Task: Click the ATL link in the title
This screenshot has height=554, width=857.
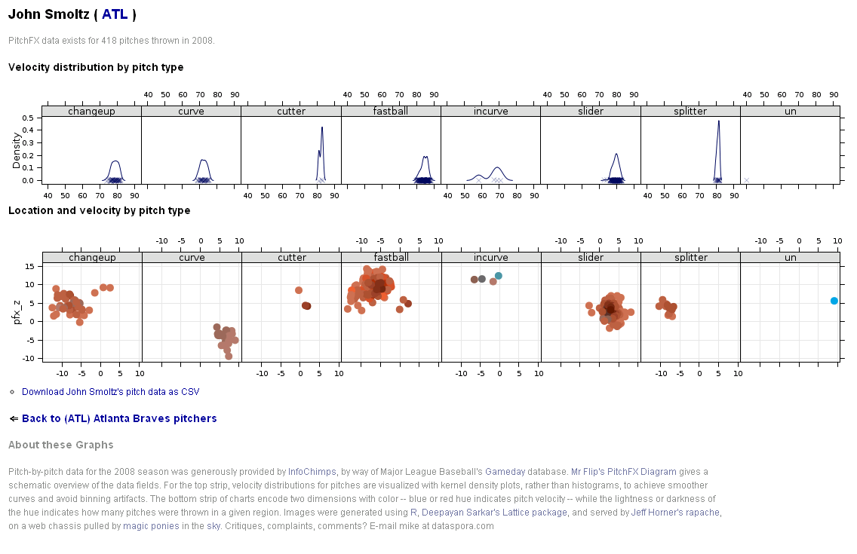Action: [x=115, y=14]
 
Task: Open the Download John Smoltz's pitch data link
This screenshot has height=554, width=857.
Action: [x=110, y=392]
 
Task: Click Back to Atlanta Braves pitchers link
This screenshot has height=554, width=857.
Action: [x=119, y=418]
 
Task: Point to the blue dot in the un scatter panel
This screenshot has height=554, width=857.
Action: [x=834, y=301]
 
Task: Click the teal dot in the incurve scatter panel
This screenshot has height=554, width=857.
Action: [x=499, y=276]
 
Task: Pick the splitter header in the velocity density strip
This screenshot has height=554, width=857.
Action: [x=690, y=112]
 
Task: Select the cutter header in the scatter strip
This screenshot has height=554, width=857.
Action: [x=292, y=258]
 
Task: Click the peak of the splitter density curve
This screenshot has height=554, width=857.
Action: [x=718, y=121]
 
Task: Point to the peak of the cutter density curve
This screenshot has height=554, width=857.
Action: [x=322, y=127]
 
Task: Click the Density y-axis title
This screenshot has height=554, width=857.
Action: [x=15, y=149]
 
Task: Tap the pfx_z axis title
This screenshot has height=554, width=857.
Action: [x=16, y=311]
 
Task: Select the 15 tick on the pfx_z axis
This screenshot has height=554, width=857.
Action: [x=30, y=266]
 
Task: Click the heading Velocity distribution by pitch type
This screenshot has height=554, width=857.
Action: [x=96, y=67]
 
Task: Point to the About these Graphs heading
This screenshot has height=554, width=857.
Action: [x=61, y=445]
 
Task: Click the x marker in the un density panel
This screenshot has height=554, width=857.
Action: [x=746, y=180]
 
